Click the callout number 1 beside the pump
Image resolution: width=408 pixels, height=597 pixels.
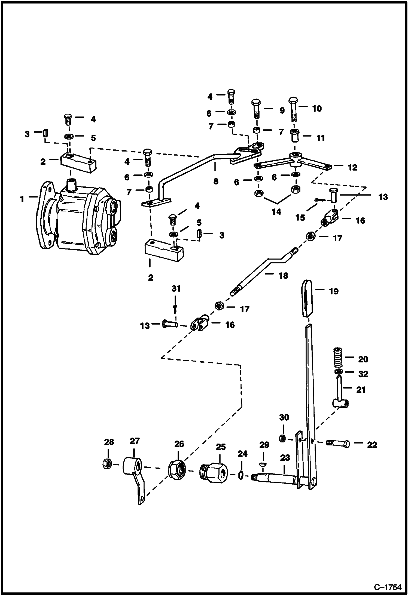pos(22,199)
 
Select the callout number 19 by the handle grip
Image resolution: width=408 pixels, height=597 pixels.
pos(333,291)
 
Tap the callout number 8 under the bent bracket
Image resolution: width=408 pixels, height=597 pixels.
pos(216,181)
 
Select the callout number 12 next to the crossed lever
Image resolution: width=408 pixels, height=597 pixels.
pos(352,168)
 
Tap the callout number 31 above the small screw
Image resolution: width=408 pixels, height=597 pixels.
pos(176,288)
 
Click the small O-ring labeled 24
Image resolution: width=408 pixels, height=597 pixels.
pos(241,475)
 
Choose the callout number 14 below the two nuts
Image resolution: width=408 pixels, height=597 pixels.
pos(276,211)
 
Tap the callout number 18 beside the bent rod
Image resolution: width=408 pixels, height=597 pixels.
pos(283,276)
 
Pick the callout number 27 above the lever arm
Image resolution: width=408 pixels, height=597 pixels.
pos(135,441)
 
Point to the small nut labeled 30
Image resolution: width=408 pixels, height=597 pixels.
pos(283,438)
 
